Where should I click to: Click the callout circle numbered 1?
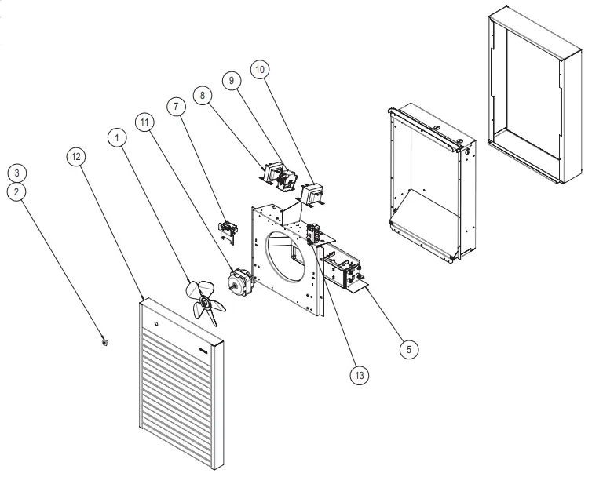(x=117, y=137)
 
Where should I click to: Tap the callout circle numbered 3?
(x=19, y=173)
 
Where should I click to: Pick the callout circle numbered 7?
(x=174, y=106)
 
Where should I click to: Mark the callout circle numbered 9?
(x=231, y=80)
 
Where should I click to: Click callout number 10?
(x=260, y=70)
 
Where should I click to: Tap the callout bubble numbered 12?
(x=75, y=157)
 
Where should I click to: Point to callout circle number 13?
(x=359, y=374)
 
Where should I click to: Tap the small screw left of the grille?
(x=104, y=341)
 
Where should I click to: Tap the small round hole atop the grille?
(x=155, y=322)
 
